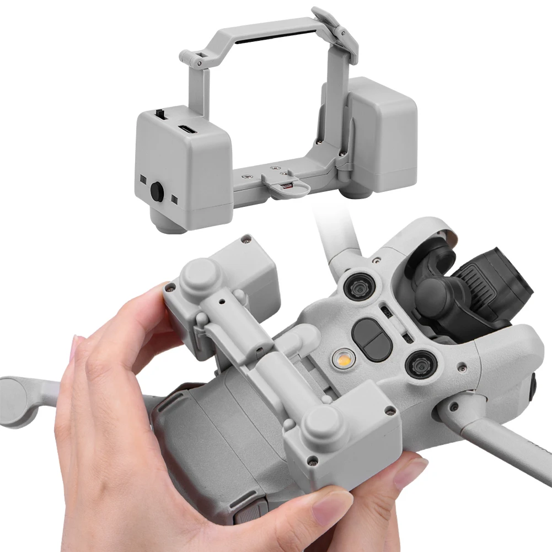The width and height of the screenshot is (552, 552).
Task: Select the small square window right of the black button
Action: point(174,198)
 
